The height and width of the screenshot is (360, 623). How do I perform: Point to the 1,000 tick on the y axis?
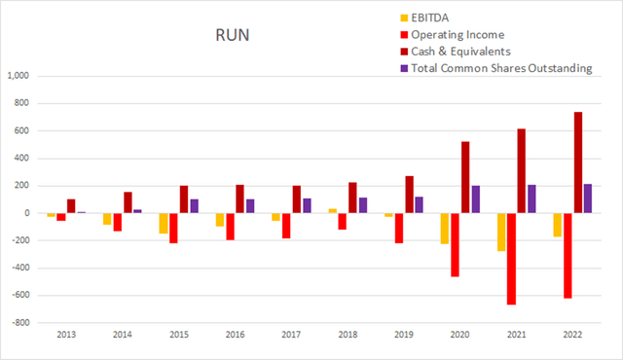coord(19,76)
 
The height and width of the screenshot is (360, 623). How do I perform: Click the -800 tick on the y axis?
coord(21,323)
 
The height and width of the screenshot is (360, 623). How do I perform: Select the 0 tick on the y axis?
coord(29,213)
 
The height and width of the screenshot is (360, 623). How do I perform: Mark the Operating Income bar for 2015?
coord(173,228)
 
